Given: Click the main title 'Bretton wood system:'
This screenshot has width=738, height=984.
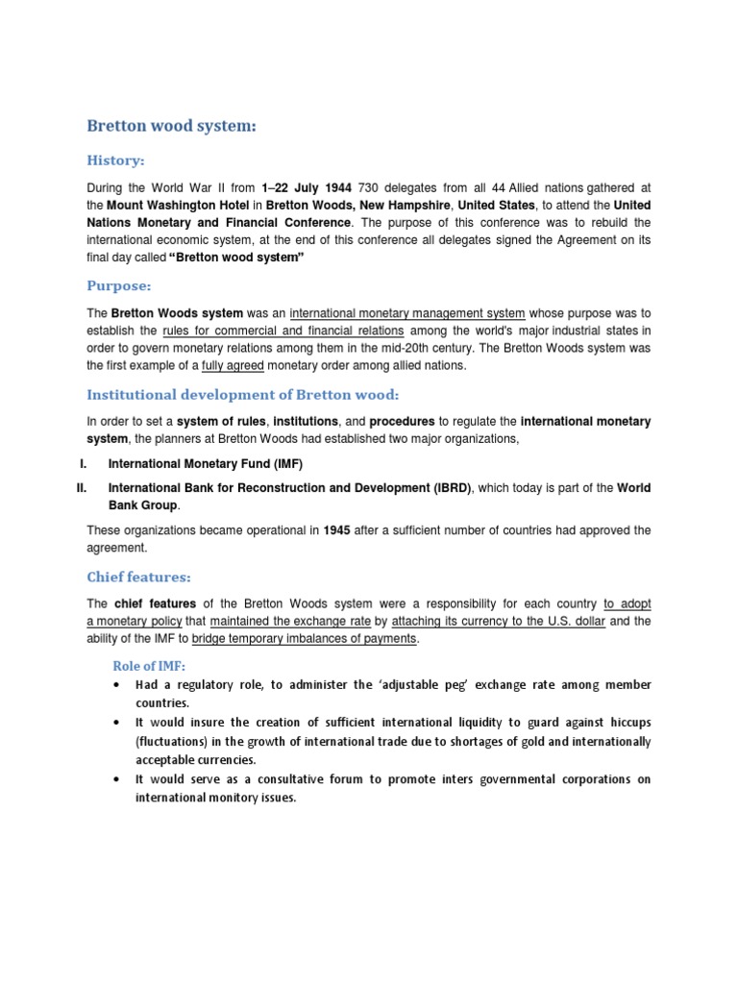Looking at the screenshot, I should [x=173, y=126].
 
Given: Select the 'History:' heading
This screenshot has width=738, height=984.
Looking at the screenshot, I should [x=115, y=160].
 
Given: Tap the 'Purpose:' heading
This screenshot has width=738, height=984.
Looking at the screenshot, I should [x=119, y=286].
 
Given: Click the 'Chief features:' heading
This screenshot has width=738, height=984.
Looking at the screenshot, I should [x=139, y=577].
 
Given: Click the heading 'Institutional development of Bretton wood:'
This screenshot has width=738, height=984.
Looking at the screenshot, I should [x=241, y=394].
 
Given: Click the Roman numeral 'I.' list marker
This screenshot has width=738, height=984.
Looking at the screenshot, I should [x=84, y=464].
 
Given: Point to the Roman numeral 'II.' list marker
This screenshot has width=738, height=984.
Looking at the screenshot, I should [x=82, y=487].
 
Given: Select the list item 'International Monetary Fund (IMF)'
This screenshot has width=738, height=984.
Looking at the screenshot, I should [x=211, y=464].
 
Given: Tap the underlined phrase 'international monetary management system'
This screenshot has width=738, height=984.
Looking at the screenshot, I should [x=407, y=312].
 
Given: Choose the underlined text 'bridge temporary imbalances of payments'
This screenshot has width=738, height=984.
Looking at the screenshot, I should [x=305, y=639].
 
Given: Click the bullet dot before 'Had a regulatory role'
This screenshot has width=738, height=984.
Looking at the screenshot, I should [x=116, y=685].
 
